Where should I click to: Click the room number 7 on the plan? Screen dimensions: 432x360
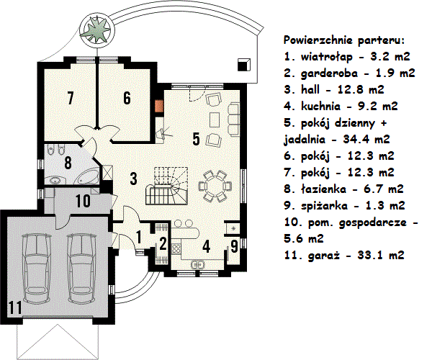(x=71, y=98)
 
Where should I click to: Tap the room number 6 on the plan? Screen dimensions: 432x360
(x=127, y=98)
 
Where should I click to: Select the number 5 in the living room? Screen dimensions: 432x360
(x=196, y=139)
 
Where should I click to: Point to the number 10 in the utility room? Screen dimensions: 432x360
(x=83, y=201)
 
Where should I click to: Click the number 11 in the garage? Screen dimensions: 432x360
(x=15, y=307)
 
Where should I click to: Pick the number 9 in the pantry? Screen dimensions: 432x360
(x=234, y=246)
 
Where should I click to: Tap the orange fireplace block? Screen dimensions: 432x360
(x=159, y=106)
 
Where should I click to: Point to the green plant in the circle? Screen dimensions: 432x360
(x=96, y=29)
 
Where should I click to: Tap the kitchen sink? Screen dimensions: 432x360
(x=197, y=265)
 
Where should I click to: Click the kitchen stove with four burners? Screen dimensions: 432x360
(x=176, y=248)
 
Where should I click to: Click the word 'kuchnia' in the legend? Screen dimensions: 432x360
(x=320, y=107)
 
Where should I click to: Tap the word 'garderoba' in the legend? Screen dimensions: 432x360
(x=329, y=73)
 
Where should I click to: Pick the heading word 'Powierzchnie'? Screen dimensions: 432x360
(x=318, y=40)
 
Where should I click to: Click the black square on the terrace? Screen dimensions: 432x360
(x=244, y=65)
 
